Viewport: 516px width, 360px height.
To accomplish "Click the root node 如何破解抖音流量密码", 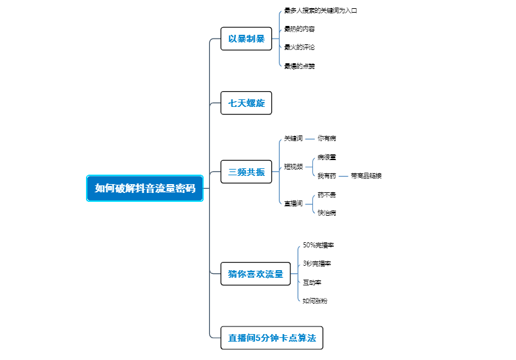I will (x=145, y=188).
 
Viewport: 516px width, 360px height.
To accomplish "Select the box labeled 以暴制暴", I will (x=246, y=39).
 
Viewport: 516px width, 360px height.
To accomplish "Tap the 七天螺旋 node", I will (x=246, y=102).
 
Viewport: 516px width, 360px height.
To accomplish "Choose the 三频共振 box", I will (x=246, y=171).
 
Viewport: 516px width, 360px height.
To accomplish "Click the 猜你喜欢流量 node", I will (x=255, y=274).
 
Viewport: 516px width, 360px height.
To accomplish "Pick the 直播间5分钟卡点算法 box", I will (x=272, y=337).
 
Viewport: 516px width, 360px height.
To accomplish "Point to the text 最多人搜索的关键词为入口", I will (x=321, y=11).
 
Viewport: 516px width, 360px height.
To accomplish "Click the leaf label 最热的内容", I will (x=299, y=29).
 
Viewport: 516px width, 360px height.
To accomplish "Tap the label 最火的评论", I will (x=299, y=47).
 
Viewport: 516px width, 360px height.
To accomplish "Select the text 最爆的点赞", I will (x=299, y=65).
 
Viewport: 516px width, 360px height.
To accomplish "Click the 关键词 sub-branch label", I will (x=293, y=138).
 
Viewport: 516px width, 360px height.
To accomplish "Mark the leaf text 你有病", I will (x=327, y=138).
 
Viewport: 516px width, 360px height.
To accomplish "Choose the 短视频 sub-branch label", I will (x=293, y=166).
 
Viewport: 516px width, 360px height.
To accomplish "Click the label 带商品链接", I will (x=366, y=175).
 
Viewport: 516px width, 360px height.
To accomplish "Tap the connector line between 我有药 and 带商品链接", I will (x=343, y=176).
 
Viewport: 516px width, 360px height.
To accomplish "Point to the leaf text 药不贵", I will (x=327, y=194).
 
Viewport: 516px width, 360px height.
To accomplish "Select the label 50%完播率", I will (x=318, y=245).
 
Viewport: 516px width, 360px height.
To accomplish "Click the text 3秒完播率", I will (x=317, y=263).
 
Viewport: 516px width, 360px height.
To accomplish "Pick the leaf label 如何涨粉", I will (x=315, y=301).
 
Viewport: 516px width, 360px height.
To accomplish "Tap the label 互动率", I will (x=312, y=282).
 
